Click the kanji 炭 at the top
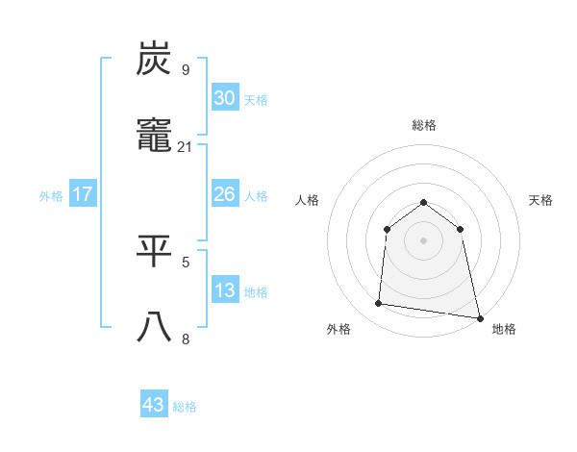click(x=155, y=60)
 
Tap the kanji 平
click(x=155, y=253)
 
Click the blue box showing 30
click(x=224, y=98)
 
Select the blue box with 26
click(x=224, y=194)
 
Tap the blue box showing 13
click(x=224, y=290)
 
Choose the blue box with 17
click(x=83, y=194)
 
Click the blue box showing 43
click(x=154, y=405)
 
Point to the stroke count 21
click(x=186, y=147)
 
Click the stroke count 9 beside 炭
click(x=186, y=69)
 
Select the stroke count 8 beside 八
click(x=186, y=339)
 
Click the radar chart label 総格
click(x=424, y=125)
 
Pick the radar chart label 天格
click(x=541, y=200)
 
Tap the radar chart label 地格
click(x=504, y=329)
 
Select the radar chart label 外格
click(x=339, y=329)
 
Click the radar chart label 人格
click(x=308, y=200)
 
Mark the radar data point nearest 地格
click(x=479, y=317)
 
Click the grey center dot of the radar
click(x=424, y=240)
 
